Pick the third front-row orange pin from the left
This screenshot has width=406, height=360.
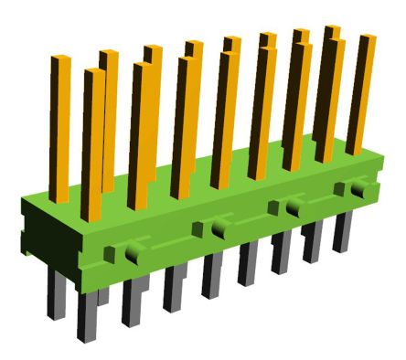pyautogui.click(x=182, y=123)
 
